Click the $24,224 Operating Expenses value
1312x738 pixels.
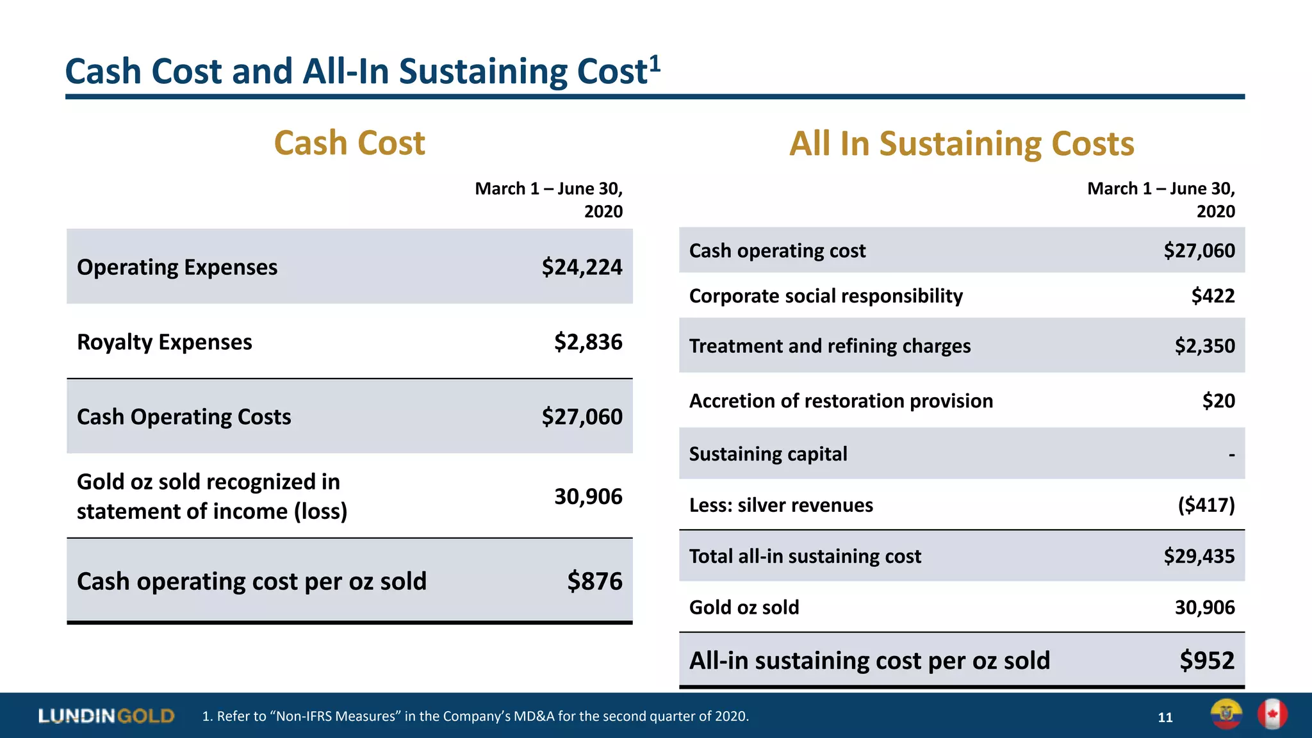[x=582, y=267]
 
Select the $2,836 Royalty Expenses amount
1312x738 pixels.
[x=588, y=342]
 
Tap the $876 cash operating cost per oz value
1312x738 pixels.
[x=594, y=581]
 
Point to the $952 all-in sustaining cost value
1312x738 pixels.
[x=1207, y=660]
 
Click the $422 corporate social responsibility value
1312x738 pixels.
[x=1213, y=296]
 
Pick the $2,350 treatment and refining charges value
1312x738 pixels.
[x=1204, y=346]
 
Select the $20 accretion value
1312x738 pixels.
[x=1218, y=401]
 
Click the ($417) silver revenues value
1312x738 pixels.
[x=1206, y=505]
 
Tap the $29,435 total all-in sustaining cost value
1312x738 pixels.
[x=1199, y=556]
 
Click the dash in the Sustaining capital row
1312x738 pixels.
[x=1231, y=455]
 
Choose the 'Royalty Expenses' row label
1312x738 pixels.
[x=165, y=342]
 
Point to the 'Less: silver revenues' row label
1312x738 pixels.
[x=781, y=505]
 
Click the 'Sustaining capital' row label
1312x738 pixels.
[x=768, y=454]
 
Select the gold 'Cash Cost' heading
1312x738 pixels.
[x=349, y=143]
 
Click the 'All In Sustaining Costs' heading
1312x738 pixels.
[x=962, y=143]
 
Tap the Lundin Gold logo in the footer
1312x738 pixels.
[x=106, y=716]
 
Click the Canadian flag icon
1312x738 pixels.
[x=1272, y=714]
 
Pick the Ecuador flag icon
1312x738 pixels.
[x=1226, y=714]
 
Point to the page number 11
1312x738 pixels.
[x=1165, y=717]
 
